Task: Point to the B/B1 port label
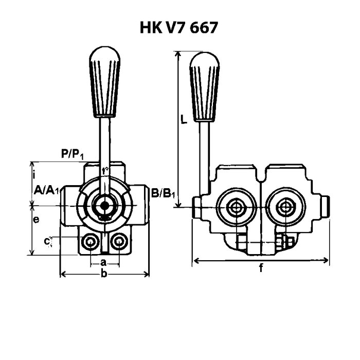(164, 193)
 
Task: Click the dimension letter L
(184, 120)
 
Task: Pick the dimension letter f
(261, 268)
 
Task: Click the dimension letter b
(104, 275)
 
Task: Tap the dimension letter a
(103, 262)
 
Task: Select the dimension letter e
(36, 220)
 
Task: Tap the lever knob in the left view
(105, 82)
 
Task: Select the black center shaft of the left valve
(105, 206)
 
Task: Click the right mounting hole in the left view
(119, 242)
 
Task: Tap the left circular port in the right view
(237, 207)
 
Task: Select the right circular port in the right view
(283, 207)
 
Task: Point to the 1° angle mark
(105, 170)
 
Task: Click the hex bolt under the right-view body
(286, 242)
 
